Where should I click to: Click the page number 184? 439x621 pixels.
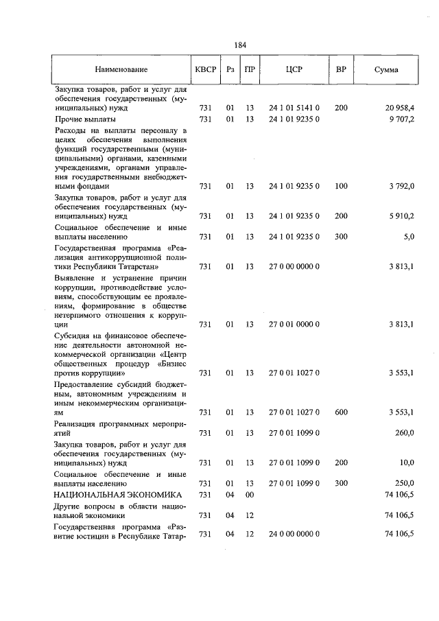point(239,45)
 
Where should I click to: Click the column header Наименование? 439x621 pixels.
point(121,70)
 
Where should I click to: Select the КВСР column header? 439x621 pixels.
point(205,70)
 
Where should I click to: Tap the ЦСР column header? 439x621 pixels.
point(294,70)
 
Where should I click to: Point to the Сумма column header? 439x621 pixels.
point(386,70)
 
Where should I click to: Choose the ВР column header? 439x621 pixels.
point(341,70)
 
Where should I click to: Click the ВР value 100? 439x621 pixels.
point(341,186)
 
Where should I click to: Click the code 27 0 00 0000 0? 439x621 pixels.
point(294,266)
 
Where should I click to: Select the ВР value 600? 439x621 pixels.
point(341,412)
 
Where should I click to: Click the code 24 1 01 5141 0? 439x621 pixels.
point(294,108)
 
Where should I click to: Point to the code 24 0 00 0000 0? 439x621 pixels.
point(294,535)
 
